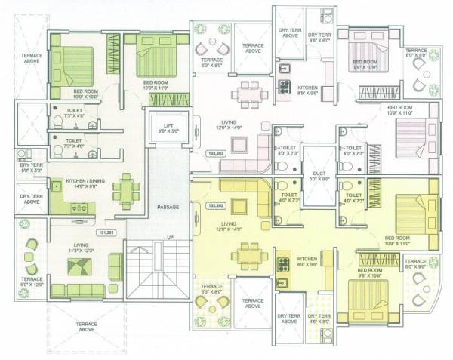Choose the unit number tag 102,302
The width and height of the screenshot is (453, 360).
coord(214,204)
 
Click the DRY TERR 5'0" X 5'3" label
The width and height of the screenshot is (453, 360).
coord(30,168)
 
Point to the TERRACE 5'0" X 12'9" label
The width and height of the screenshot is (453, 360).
coord(32,282)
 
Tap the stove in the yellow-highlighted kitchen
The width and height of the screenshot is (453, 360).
coord(285,264)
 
